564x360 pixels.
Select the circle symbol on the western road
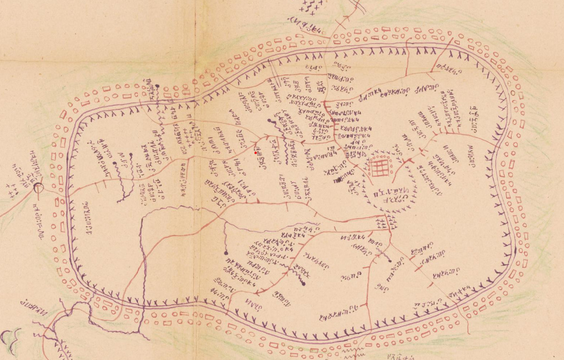click(38, 187)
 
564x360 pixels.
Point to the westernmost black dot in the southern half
click(225, 254)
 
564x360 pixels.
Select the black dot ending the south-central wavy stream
click(304, 284)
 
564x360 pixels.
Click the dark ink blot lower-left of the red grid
click(336, 181)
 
